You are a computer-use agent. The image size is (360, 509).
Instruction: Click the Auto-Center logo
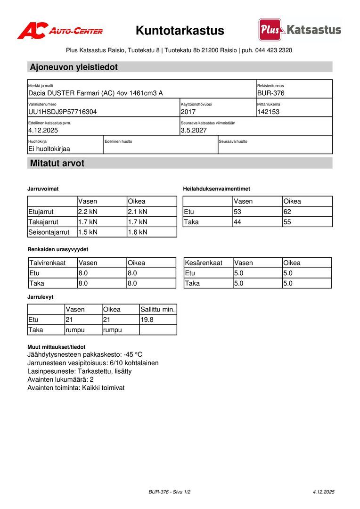tap(60, 31)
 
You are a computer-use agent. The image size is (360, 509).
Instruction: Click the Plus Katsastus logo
tap(300, 30)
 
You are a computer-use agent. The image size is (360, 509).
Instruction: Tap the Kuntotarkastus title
tap(180, 31)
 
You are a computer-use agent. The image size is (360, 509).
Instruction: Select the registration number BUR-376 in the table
tap(270, 93)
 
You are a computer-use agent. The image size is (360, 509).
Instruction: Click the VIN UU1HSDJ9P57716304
tap(63, 112)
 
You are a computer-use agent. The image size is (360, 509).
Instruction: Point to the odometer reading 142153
tap(268, 112)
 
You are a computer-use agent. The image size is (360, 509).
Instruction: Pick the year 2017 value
tap(188, 112)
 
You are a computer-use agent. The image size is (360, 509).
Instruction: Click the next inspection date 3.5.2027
tap(194, 130)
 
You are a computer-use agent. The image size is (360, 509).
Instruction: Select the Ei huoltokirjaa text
tap(49, 148)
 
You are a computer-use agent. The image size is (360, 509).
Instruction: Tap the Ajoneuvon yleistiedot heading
tap(74, 67)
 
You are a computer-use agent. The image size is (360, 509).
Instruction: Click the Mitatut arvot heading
tap(57, 164)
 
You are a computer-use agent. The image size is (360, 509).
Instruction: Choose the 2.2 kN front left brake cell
tap(88, 212)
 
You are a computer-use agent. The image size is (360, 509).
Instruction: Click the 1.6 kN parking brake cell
tap(138, 232)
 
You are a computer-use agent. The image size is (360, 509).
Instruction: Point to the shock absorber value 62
tap(288, 212)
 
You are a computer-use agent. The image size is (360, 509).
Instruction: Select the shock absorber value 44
tap(238, 222)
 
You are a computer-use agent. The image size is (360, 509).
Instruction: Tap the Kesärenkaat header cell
tap(204, 263)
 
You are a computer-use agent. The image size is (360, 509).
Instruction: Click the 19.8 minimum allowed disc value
tap(147, 320)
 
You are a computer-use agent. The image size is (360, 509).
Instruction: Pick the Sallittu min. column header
tap(158, 310)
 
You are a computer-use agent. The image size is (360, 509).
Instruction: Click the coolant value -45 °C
tap(133, 354)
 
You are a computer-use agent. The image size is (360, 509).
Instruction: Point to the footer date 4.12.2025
tap(323, 492)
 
